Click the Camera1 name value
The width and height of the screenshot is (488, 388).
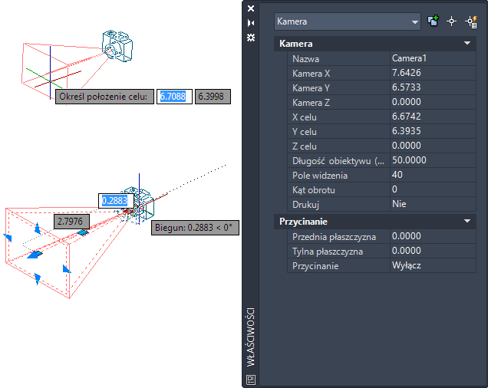click(x=409, y=58)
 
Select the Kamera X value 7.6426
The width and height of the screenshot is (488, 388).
click(x=406, y=73)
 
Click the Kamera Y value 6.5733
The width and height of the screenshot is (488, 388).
click(x=406, y=87)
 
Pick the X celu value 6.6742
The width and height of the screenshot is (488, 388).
click(x=406, y=117)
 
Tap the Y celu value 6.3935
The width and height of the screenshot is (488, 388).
click(x=406, y=131)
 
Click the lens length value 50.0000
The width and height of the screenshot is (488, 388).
click(x=409, y=160)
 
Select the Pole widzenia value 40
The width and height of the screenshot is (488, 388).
click(x=397, y=175)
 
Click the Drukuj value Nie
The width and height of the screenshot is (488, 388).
click(x=399, y=204)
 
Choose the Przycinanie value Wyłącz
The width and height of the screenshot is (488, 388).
click(x=406, y=265)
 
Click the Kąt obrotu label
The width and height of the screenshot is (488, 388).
click(x=313, y=190)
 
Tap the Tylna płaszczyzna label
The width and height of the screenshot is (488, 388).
click(x=328, y=252)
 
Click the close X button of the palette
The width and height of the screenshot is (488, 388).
click(x=251, y=8)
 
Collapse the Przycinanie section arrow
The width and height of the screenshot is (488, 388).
click(x=467, y=222)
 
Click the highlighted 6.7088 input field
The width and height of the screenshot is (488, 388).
click(x=174, y=97)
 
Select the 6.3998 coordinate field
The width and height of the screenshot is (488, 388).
click(x=213, y=97)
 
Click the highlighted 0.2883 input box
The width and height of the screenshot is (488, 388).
click(x=116, y=201)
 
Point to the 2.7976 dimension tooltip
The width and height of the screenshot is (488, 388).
click(x=71, y=222)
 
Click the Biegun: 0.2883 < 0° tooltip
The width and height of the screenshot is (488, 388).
click(x=195, y=228)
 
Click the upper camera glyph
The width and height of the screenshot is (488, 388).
click(x=117, y=46)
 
